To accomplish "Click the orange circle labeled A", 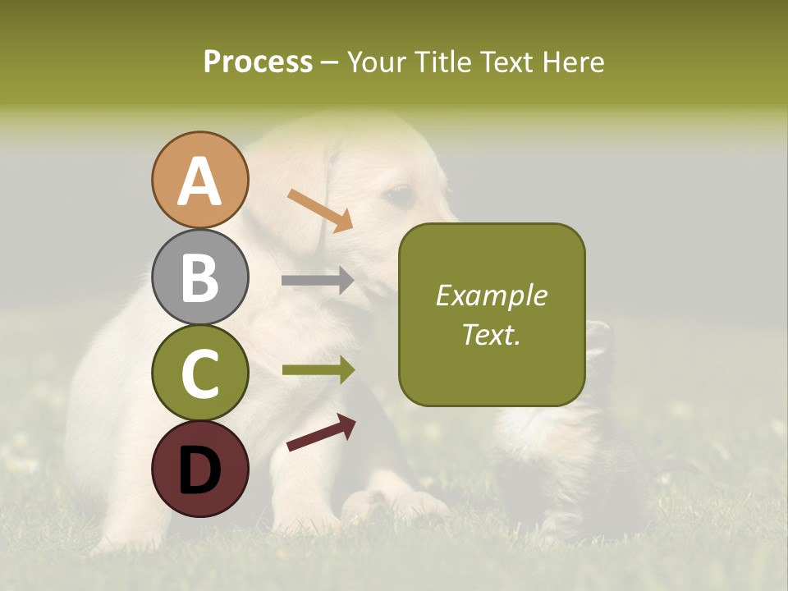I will click(199, 180).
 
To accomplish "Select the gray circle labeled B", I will click(199, 277).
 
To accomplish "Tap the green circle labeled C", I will click(199, 373).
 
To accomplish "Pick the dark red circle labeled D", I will click(199, 469).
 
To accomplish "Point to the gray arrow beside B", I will click(318, 280).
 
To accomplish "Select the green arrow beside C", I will click(318, 370).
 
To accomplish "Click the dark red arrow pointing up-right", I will click(321, 433).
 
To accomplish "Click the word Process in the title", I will click(258, 62).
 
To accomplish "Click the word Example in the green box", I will click(492, 295).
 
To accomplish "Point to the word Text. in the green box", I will click(492, 334).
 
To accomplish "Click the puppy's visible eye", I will click(400, 195).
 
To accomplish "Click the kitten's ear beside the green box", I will click(599, 332).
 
